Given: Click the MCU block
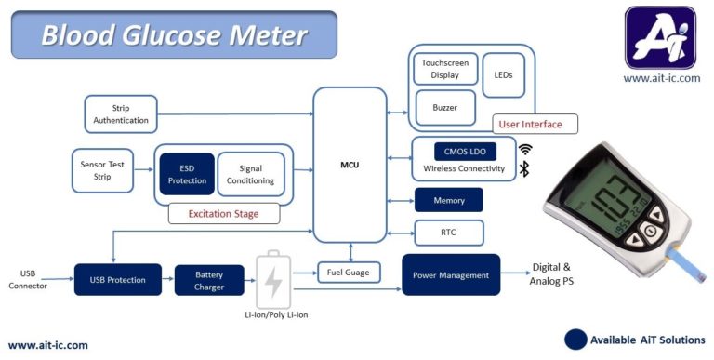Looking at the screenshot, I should tap(350, 165).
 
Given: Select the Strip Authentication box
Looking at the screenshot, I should tap(121, 113).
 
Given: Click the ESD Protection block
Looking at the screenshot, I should tap(186, 174).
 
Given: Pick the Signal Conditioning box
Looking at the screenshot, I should tap(250, 174).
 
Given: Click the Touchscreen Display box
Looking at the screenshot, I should tap(445, 69).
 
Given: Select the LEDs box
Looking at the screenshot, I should tap(504, 74).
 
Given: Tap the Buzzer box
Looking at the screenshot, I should tap(444, 107).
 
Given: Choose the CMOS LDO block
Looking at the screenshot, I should tap(465, 151).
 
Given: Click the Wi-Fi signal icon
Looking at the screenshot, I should tap(525, 149).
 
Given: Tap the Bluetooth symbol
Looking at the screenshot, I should tap(524, 168).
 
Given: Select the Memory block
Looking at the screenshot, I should tap(448, 200).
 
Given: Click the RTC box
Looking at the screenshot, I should tap(448, 232).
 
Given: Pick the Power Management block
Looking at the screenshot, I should tap(451, 274).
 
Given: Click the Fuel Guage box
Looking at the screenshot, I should tap(350, 273).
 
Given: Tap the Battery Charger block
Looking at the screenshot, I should tap(209, 280).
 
